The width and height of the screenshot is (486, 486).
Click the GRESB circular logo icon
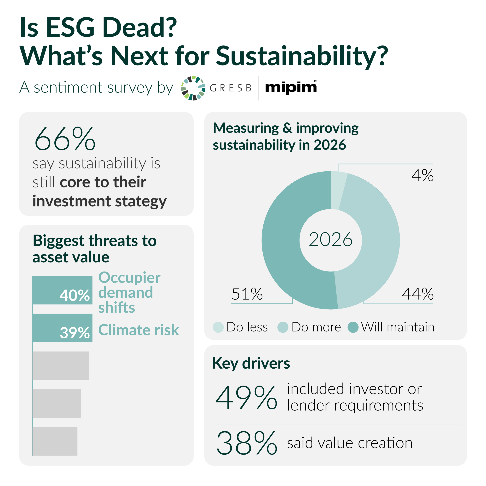(193, 88)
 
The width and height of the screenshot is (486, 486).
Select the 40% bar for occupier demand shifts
(62, 290)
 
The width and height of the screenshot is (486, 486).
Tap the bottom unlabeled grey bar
(55, 441)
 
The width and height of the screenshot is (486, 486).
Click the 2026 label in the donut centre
(330, 239)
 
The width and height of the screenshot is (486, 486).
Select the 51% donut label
(247, 294)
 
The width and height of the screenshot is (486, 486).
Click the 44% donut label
(418, 294)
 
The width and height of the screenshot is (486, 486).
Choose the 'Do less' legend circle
(218, 327)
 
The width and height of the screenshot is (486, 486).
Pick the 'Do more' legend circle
(283, 327)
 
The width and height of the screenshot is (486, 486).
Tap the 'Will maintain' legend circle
(353, 327)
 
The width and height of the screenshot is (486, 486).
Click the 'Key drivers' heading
(251, 364)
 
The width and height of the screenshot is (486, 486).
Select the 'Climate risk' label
(138, 330)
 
